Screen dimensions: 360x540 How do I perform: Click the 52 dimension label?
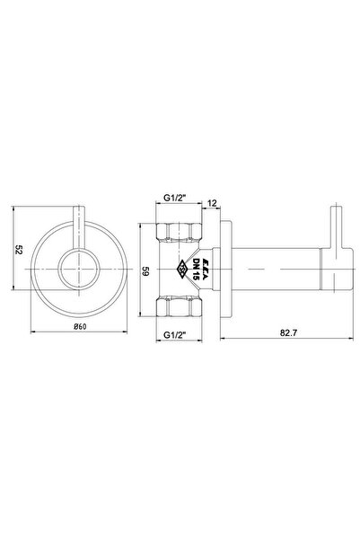click(x=19, y=250)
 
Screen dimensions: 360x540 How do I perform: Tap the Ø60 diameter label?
click(x=80, y=327)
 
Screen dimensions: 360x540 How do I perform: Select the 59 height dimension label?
click(x=145, y=271)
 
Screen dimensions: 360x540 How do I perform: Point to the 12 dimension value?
click(x=213, y=203)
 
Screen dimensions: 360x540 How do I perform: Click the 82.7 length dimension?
click(x=288, y=333)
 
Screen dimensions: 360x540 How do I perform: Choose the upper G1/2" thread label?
click(x=174, y=198)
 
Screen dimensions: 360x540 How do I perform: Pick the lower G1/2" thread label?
click(x=174, y=334)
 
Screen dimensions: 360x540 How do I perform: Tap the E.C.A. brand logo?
click(x=203, y=269)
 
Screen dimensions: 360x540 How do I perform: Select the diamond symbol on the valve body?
click(x=181, y=269)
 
